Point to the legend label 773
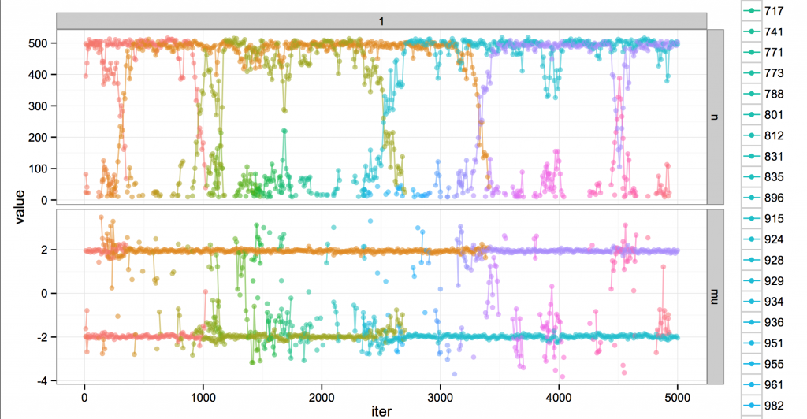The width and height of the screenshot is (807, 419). coord(774,73)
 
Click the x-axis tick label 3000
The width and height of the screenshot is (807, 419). coord(440,398)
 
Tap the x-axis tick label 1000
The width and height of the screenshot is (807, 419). coord(203,398)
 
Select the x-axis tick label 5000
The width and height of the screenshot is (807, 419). coord(677,398)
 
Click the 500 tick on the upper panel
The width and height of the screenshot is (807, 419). coord(38,43)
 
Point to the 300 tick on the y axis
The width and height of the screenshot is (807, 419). coord(38,106)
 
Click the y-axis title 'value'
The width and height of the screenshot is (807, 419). coord(20,206)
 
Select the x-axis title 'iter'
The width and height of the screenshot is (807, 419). coord(381,411)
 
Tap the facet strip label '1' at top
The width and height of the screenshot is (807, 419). coord(381,21)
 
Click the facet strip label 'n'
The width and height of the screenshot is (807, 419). coord(714,117)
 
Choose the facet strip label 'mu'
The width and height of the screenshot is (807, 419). coord(714,297)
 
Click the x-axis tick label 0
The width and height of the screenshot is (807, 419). coord(84,398)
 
